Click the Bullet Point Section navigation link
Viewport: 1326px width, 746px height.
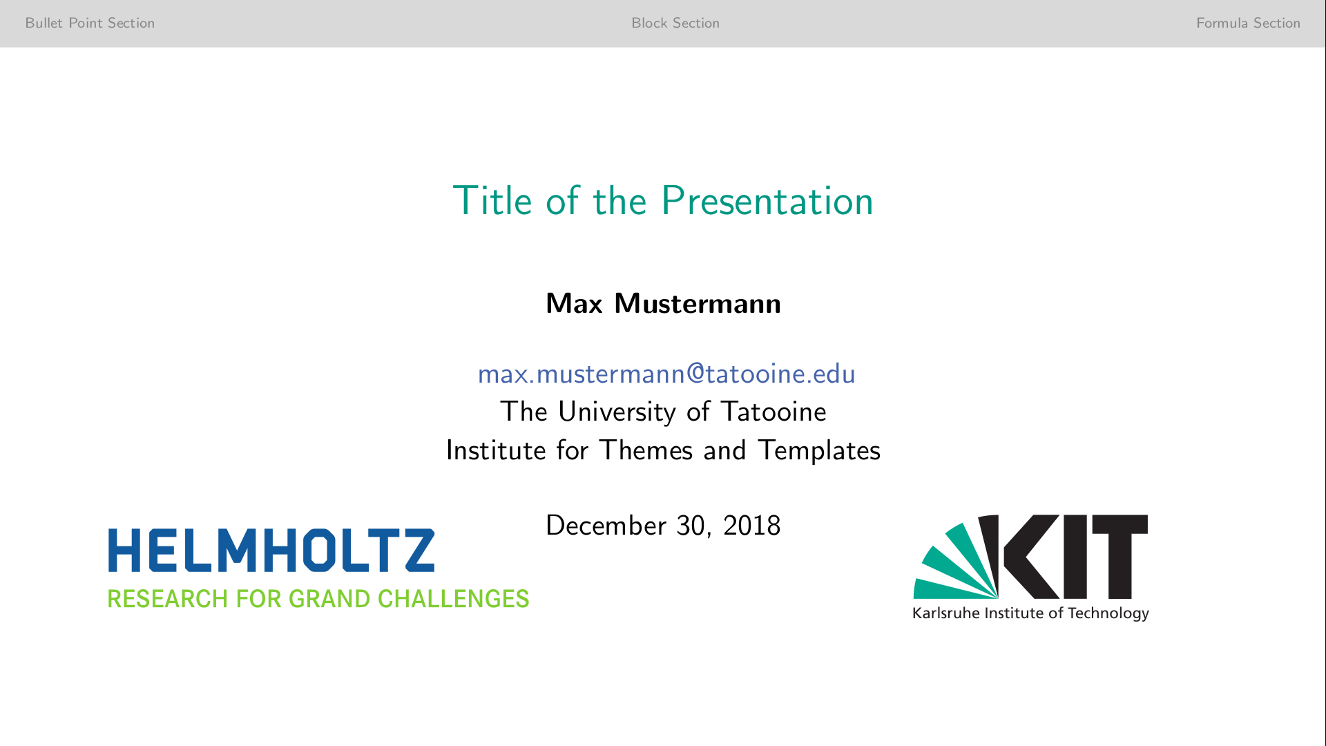point(90,23)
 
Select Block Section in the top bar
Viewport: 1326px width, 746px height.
point(675,23)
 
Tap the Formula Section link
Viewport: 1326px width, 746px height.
point(1248,23)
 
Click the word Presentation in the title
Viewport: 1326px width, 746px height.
point(767,201)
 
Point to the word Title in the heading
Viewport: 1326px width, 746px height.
point(492,201)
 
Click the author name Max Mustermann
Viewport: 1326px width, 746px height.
point(663,303)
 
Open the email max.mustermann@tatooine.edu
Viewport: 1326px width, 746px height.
point(666,374)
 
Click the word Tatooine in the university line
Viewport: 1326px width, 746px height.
point(773,412)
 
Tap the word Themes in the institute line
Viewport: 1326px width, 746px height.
point(646,450)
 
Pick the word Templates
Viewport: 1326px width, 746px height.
point(819,451)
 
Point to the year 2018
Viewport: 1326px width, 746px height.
point(752,526)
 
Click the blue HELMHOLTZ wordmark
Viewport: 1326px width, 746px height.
point(271,551)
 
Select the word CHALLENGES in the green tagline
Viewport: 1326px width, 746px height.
point(453,599)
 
